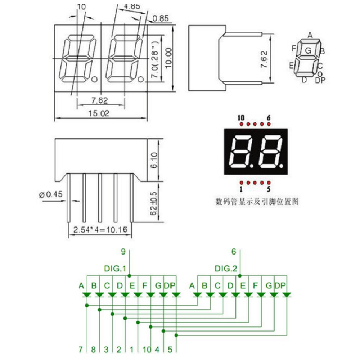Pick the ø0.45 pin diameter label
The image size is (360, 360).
click(50, 195)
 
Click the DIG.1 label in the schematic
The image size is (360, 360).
click(115, 268)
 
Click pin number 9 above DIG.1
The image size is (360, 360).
click(123, 252)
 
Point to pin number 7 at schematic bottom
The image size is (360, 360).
click(81, 349)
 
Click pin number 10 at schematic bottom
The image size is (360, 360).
click(147, 349)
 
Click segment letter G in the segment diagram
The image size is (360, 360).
click(308, 51)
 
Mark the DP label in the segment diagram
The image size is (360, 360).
click(320, 80)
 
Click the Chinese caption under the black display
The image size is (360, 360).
click(257, 201)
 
